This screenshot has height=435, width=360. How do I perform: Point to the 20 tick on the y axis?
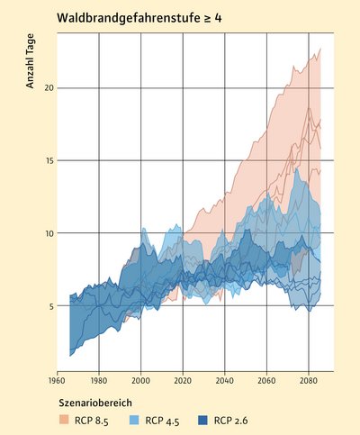pyautogui.click(x=50, y=87)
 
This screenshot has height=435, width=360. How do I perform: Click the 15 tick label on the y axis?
pyautogui.click(x=50, y=160)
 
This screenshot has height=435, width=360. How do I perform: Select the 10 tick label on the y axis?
pyautogui.click(x=50, y=233)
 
